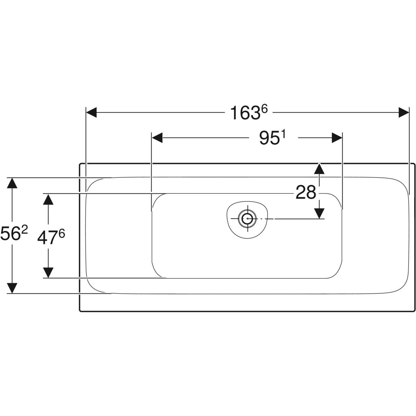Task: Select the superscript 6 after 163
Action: click(x=264, y=109)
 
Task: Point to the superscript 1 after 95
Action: click(x=283, y=135)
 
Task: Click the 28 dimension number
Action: click(x=306, y=192)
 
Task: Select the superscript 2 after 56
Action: click(x=24, y=231)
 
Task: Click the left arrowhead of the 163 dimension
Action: click(x=91, y=112)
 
